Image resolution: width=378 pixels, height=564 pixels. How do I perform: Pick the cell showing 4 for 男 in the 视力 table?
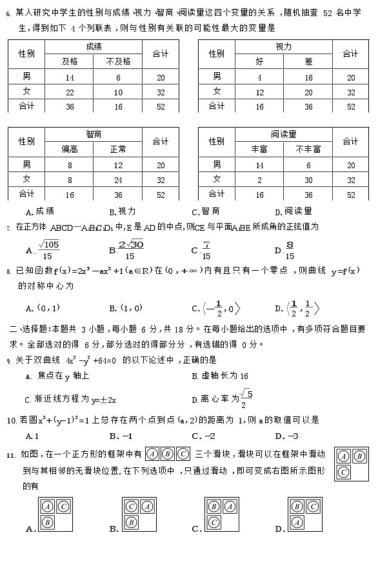[x=259, y=77]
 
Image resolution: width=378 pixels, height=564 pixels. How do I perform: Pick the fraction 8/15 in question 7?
[x=290, y=249]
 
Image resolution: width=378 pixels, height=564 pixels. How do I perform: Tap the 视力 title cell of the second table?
[x=284, y=47]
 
